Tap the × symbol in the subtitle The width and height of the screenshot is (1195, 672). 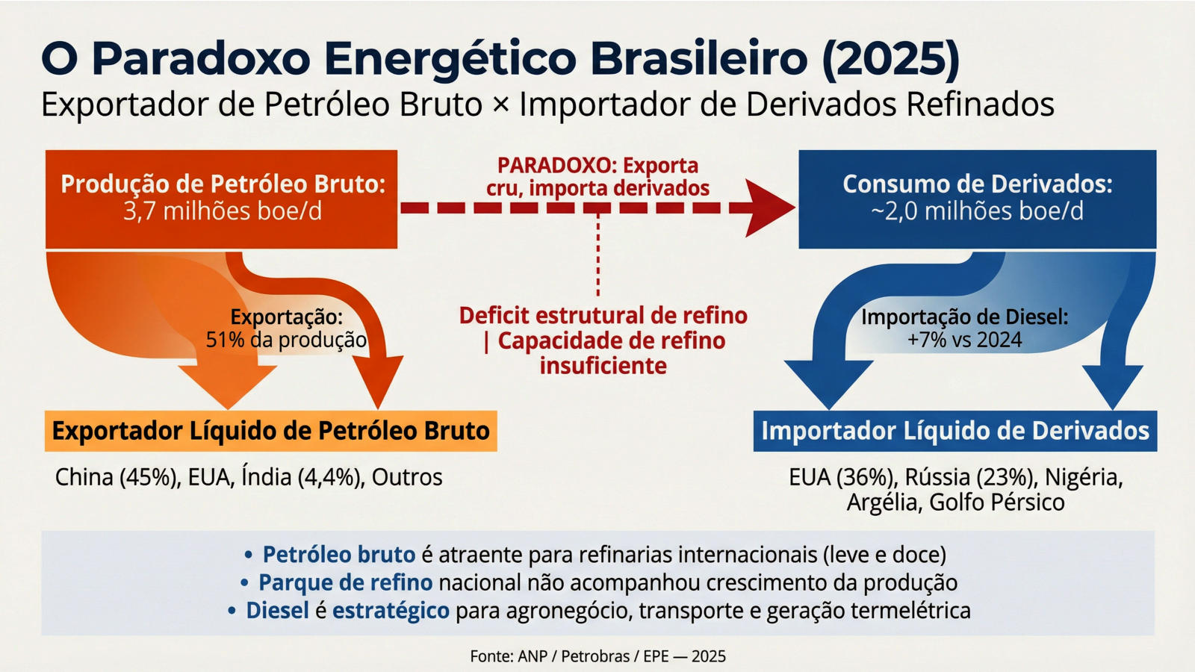tap(501, 105)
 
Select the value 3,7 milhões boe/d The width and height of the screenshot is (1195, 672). tap(223, 211)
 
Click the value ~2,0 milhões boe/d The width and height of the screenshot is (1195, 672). tap(977, 211)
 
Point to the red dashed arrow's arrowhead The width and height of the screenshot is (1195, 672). tap(769, 208)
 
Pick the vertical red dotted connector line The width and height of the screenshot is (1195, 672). tap(597, 254)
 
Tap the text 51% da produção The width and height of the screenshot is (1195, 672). tap(287, 340)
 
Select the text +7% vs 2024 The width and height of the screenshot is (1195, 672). tap(964, 340)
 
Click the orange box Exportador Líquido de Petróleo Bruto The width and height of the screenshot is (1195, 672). tap(271, 431)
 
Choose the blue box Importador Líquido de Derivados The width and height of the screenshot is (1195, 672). tap(955, 431)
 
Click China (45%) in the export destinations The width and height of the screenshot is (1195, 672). tap(116, 477)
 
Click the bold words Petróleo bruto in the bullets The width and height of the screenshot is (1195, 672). tap(339, 555)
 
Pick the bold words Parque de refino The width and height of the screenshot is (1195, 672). tap(346, 582)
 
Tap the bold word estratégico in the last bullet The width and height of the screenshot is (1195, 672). tap(391, 611)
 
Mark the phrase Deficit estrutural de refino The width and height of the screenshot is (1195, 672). tap(603, 316)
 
